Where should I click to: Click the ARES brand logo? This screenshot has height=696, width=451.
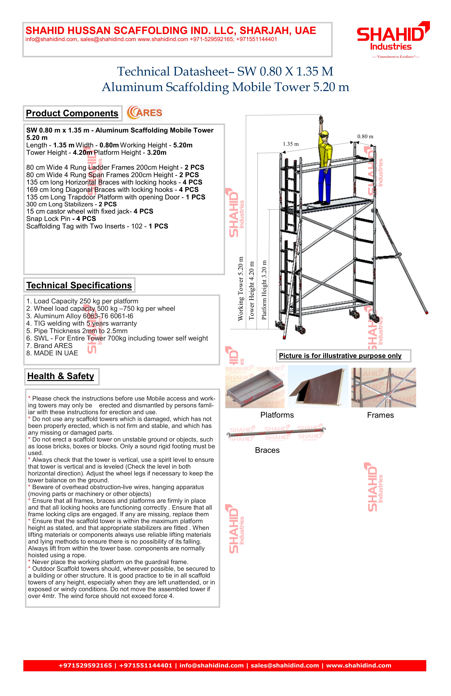pos(144,113)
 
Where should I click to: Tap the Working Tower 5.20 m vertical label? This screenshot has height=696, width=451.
pos(240,289)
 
